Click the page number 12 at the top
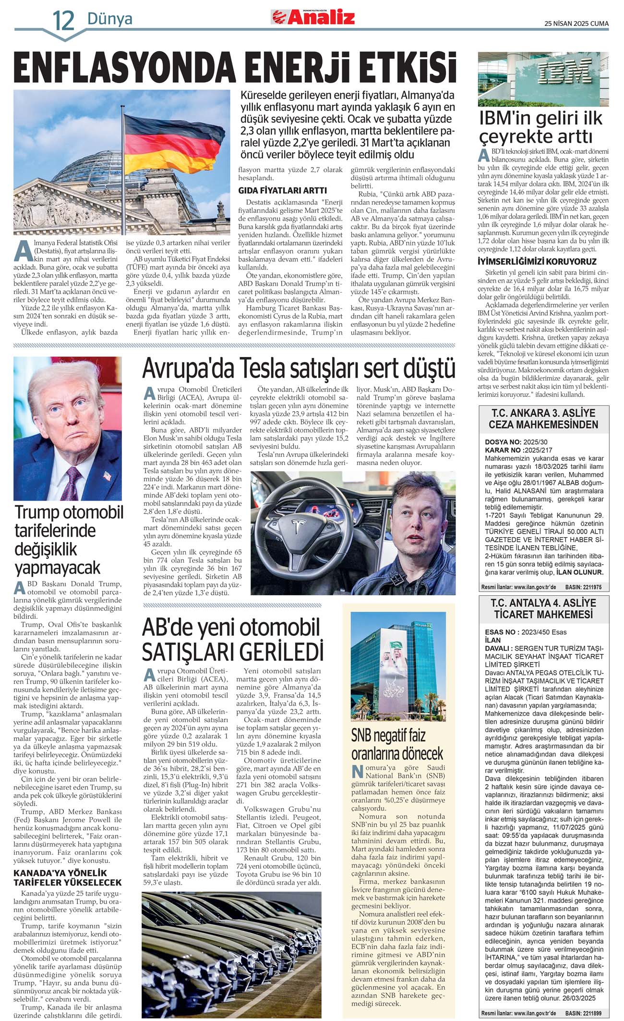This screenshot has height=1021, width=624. click(x=63, y=20)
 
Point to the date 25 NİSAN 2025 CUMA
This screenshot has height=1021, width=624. click(x=576, y=23)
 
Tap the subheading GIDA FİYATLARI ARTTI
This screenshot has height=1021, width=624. click(x=282, y=190)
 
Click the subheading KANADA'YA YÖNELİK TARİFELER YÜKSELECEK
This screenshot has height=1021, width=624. click(x=67, y=877)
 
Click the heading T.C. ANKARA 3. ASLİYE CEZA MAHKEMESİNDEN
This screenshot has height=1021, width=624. click(x=543, y=418)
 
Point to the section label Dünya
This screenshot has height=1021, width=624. click(x=109, y=19)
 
